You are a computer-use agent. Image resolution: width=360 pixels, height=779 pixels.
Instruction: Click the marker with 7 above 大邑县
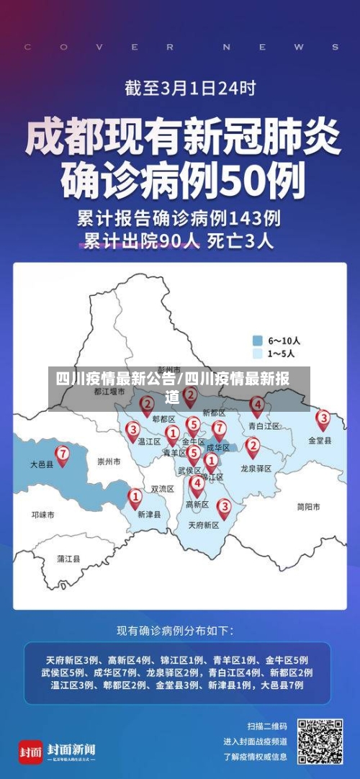[x=63, y=454]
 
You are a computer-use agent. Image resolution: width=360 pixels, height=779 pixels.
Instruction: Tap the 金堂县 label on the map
[x=320, y=440]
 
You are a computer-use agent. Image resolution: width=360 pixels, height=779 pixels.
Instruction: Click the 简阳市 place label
[x=308, y=507]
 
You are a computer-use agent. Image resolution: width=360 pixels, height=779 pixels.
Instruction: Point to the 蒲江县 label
[x=69, y=558]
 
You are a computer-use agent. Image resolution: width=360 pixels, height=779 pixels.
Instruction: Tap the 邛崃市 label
[x=42, y=515]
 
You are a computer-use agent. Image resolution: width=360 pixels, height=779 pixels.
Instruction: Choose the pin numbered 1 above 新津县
[x=135, y=496]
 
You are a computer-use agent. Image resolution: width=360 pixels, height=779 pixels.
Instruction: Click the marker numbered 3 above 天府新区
[x=224, y=508]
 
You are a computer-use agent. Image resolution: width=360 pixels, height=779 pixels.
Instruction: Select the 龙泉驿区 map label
[x=256, y=469]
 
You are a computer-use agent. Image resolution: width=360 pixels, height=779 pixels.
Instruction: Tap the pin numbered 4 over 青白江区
[x=256, y=405]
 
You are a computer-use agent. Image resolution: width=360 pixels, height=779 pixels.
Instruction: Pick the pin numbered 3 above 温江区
[x=132, y=431]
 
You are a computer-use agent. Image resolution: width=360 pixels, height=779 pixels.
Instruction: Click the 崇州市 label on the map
[x=109, y=461]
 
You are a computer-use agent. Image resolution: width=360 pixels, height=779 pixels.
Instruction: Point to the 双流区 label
[x=162, y=489]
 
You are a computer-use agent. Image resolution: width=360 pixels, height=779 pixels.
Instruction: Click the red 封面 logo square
[x=30, y=752]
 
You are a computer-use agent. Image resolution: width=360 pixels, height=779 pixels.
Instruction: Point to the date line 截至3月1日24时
[x=180, y=89]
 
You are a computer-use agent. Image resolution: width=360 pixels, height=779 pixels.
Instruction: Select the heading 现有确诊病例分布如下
[x=175, y=631]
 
